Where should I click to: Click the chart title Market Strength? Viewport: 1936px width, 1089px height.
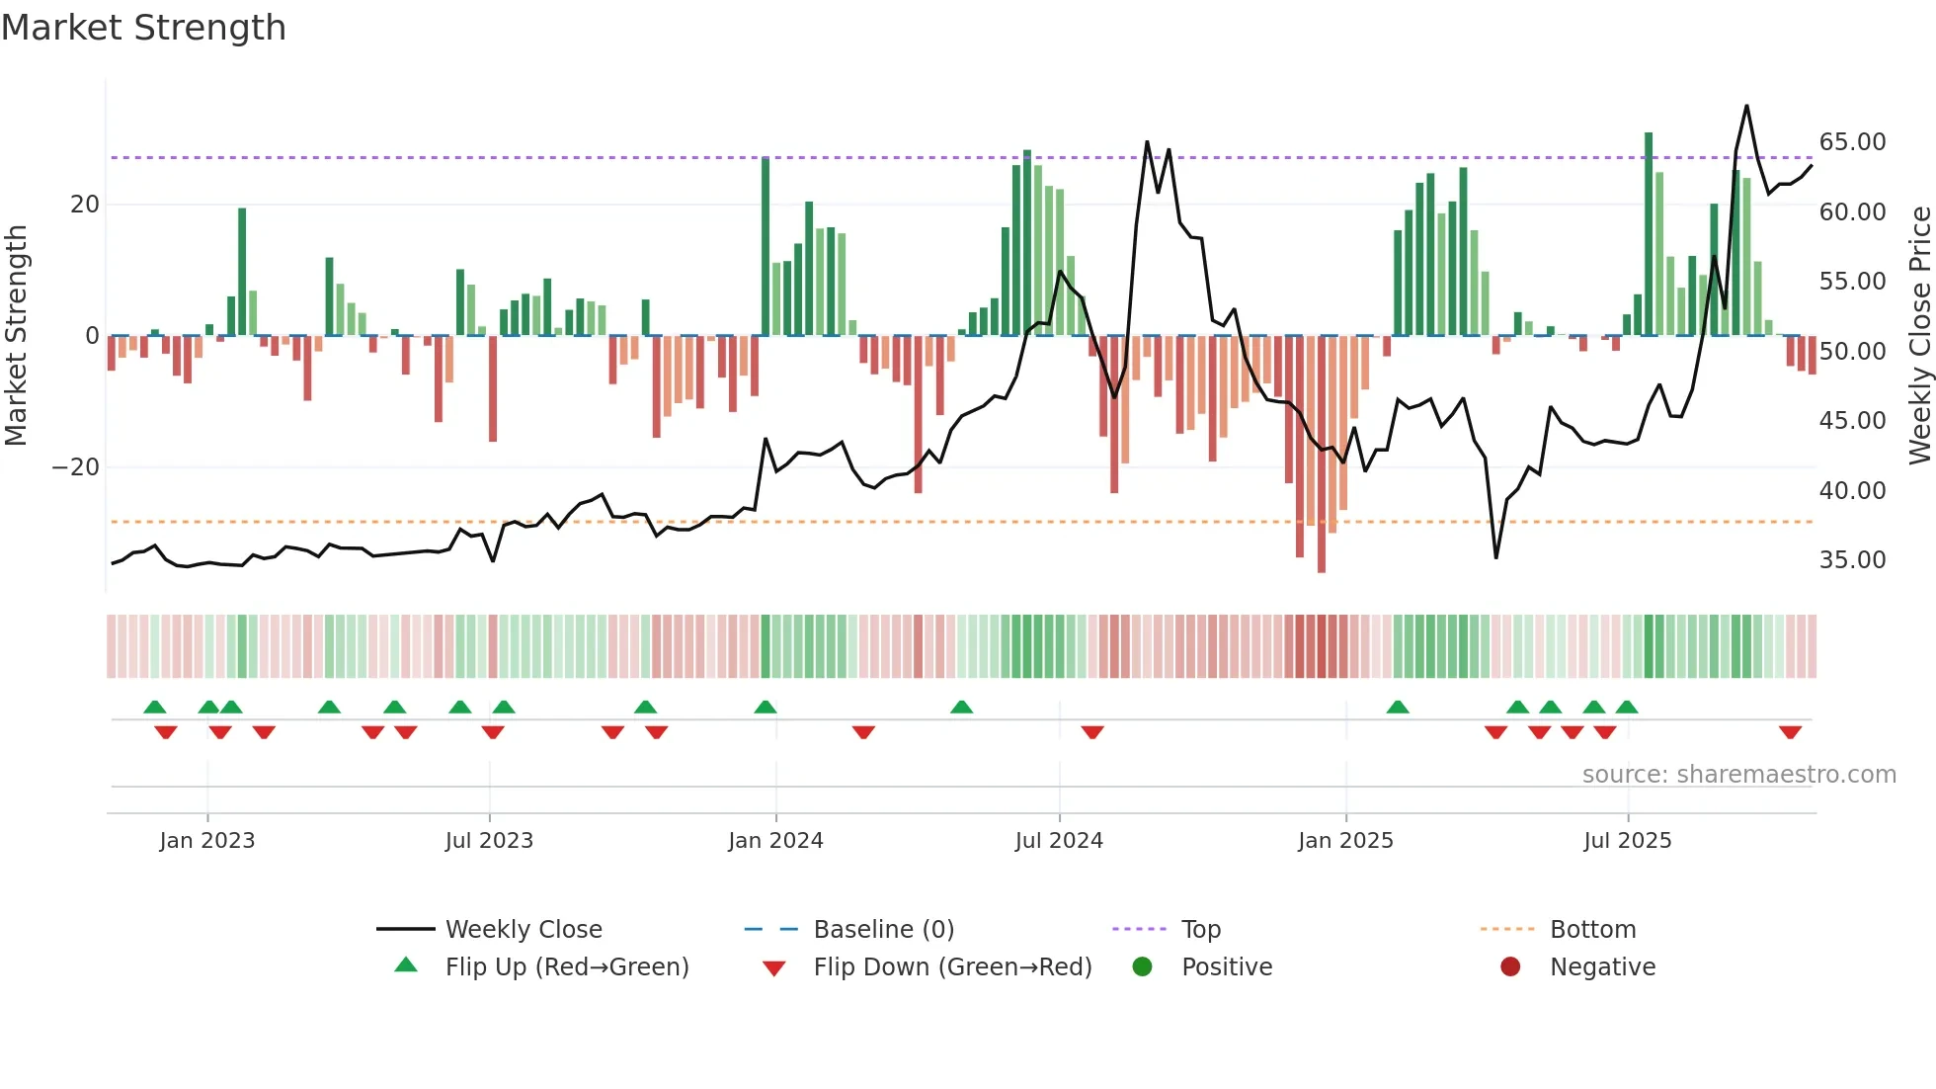(x=143, y=28)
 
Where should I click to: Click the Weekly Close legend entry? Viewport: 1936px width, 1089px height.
(x=523, y=929)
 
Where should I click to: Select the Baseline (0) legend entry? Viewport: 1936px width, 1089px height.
(x=883, y=929)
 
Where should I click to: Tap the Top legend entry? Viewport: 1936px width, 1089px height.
(x=1200, y=929)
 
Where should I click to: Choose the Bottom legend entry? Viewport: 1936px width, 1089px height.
(x=1592, y=929)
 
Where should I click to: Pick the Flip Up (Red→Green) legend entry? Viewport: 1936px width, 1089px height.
(x=566, y=966)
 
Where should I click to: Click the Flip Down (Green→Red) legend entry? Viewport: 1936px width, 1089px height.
(x=952, y=966)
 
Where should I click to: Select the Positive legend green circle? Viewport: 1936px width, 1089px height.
(x=1143, y=966)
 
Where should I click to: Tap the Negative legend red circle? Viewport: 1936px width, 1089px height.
(x=1510, y=966)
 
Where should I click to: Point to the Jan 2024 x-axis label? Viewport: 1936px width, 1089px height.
(x=775, y=840)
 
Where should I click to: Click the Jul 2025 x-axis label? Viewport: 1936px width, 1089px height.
(x=1627, y=840)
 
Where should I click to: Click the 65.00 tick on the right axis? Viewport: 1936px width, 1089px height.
(x=1852, y=142)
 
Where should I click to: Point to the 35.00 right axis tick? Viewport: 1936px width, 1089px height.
(x=1852, y=560)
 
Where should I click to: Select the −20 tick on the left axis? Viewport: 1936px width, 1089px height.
(x=76, y=466)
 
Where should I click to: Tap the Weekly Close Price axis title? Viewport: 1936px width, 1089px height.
(x=1919, y=336)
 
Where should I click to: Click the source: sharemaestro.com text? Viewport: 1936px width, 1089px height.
(x=1738, y=775)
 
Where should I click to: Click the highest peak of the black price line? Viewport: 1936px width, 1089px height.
(x=1746, y=106)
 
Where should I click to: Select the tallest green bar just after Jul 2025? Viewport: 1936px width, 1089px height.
(x=1649, y=233)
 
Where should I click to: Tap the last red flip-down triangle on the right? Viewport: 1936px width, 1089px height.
(x=1790, y=732)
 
